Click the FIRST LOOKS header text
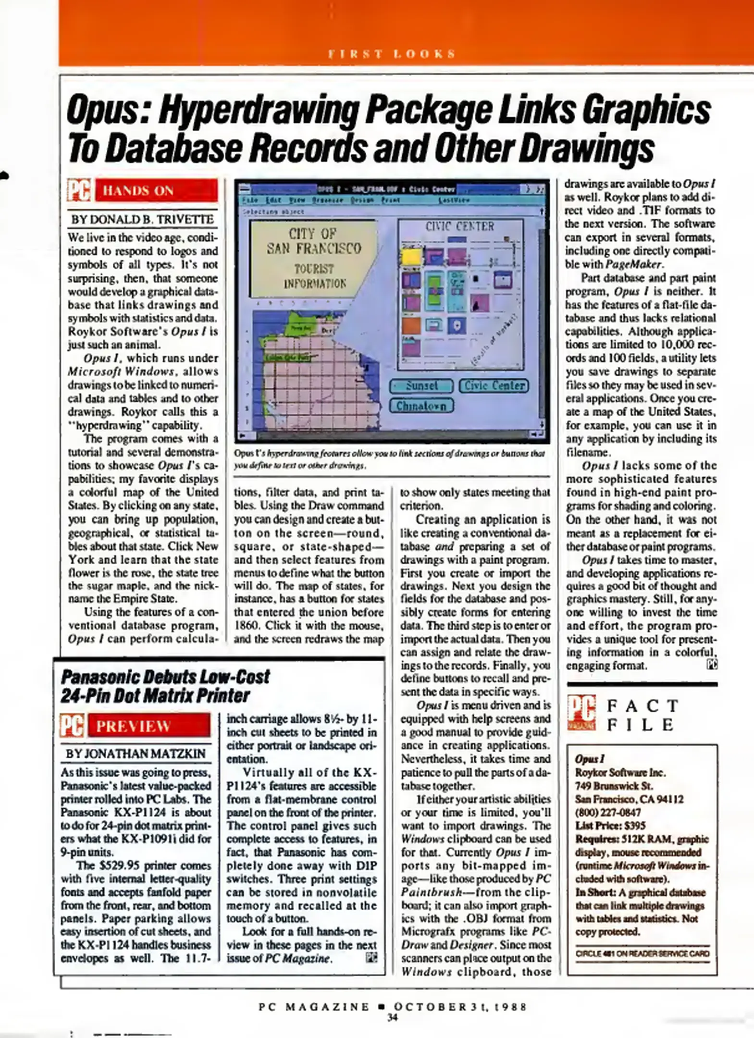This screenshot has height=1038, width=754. tap(392, 54)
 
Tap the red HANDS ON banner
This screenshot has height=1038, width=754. tap(156, 191)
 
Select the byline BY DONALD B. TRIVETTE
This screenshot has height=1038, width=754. tap(143, 220)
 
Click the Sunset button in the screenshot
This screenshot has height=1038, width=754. tap(421, 385)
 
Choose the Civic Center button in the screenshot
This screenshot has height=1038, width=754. tap(494, 385)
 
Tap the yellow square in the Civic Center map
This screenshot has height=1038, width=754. tap(411, 257)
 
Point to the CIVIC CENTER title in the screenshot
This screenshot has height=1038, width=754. tap(459, 226)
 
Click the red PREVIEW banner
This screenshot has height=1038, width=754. tap(149, 726)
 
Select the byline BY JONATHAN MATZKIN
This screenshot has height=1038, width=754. tap(136, 754)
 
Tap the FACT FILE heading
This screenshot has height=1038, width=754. tap(643, 715)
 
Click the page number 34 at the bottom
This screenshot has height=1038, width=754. tap(393, 1017)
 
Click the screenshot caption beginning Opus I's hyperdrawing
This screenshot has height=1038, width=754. tap(389, 459)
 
